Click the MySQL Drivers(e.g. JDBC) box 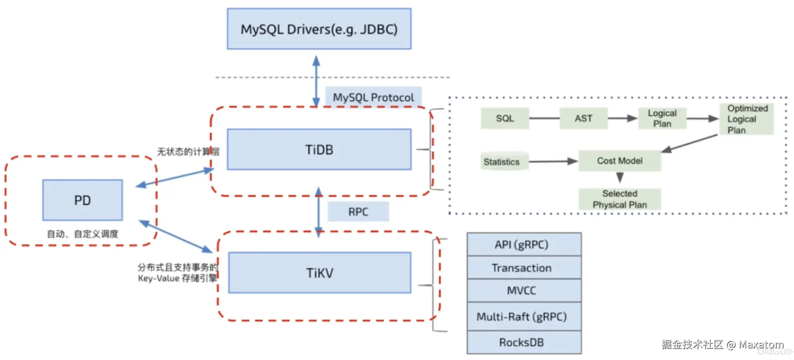pyautogui.click(x=319, y=29)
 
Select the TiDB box pyautogui.click(x=319, y=149)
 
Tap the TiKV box pyautogui.click(x=319, y=273)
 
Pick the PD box pyautogui.click(x=82, y=200)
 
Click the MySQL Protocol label pyautogui.click(x=373, y=97)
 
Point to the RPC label pyautogui.click(x=358, y=212)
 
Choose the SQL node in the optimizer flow pyautogui.click(x=505, y=118)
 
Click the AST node pyautogui.click(x=583, y=118)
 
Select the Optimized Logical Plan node pyautogui.click(x=747, y=119)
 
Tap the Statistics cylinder pyautogui.click(x=501, y=162)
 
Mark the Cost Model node pyautogui.click(x=619, y=161)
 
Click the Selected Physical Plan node pyautogui.click(x=619, y=199)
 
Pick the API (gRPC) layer pyautogui.click(x=524, y=245)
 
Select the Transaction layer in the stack pyautogui.click(x=524, y=268)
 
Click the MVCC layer pyautogui.click(x=524, y=290)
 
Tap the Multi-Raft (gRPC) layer pyautogui.click(x=524, y=317)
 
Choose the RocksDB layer pyautogui.click(x=524, y=342)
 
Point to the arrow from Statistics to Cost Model pyautogui.click(x=552, y=161)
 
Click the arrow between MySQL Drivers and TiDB pyautogui.click(x=316, y=81)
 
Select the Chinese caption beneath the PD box pyautogui.click(x=82, y=234)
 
